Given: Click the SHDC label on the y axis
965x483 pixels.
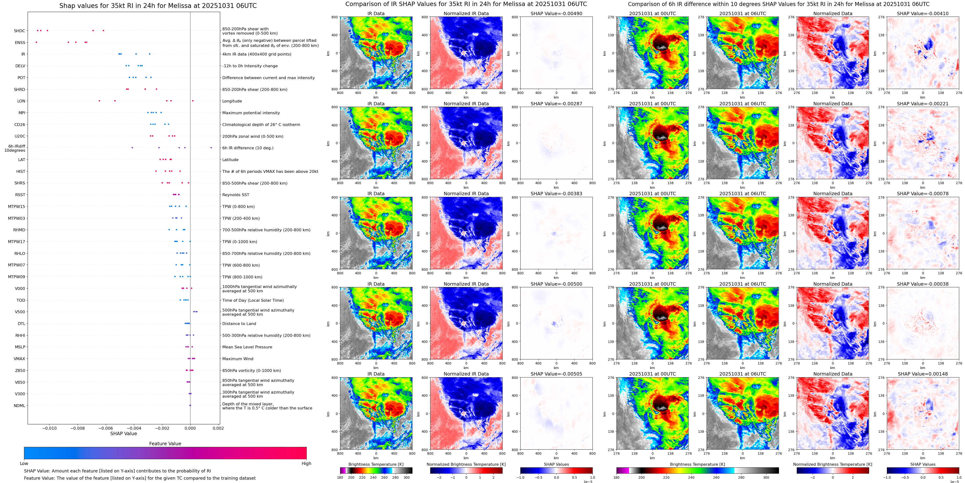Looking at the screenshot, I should click(x=19, y=31).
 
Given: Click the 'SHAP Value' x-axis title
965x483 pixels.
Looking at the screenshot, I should click(x=124, y=433).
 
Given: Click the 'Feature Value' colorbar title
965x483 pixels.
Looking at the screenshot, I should click(x=165, y=444).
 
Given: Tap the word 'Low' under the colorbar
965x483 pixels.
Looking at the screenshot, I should click(x=24, y=464).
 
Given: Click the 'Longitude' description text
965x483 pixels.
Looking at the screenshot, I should click(x=232, y=101).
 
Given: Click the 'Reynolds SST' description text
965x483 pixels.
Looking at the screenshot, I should click(x=236, y=195).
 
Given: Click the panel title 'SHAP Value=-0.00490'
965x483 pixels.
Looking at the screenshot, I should click(x=556, y=13).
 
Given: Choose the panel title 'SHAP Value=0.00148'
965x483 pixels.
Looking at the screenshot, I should click(x=923, y=374).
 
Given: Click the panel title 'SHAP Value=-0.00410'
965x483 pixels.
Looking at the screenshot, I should click(x=923, y=13).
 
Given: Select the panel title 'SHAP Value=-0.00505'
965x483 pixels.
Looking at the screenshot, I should click(x=556, y=374).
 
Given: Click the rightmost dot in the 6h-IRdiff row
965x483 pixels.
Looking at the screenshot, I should click(x=211, y=148).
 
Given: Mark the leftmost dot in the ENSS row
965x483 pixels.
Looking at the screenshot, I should click(x=36, y=42).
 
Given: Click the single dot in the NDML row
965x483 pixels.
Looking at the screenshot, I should click(x=190, y=405).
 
